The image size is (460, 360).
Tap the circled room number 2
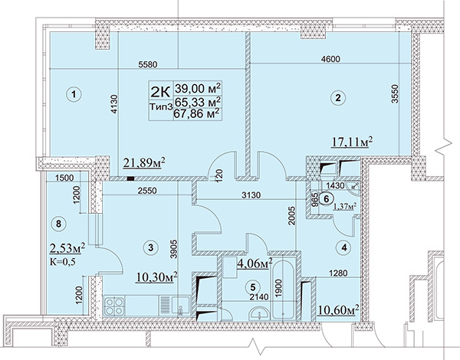pos(338,97)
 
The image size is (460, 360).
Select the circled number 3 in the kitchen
pos(150,247)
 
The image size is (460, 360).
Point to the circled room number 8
pos(58,224)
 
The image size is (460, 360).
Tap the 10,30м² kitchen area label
pos(156,277)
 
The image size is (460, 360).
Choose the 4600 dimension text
pos(330,59)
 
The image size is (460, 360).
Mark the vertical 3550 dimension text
pos(396,93)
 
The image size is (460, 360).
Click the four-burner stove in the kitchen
pos(114,306)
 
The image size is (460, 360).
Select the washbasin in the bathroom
pos(259,314)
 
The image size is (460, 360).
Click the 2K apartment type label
pos(160,92)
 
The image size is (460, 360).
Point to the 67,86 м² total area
pos(197,113)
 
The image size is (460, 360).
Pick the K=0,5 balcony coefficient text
pos(63,261)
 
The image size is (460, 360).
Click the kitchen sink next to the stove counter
pos(176,306)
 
